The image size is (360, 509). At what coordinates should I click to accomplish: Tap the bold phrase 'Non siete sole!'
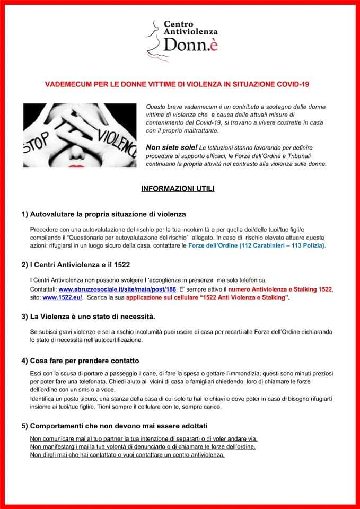[167, 147]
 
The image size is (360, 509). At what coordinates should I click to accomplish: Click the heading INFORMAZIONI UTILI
[178, 188]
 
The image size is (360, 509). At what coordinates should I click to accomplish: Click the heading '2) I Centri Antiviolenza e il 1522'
[76, 264]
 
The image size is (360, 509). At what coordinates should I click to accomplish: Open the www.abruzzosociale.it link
[117, 289]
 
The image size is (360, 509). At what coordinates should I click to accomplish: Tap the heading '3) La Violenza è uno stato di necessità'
[88, 317]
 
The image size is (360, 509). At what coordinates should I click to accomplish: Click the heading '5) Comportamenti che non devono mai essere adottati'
[114, 426]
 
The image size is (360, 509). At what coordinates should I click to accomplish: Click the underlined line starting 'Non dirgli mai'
[127, 455]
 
